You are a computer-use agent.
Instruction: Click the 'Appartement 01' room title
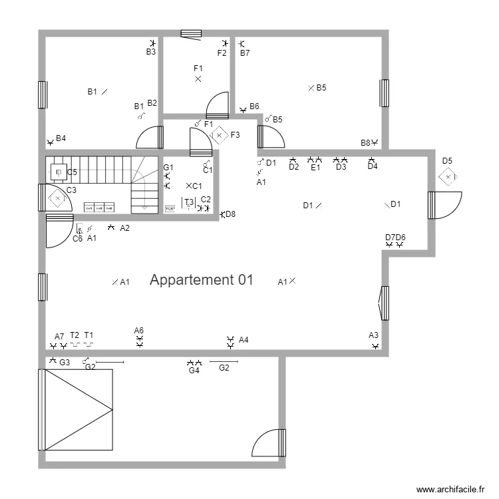pos(202,280)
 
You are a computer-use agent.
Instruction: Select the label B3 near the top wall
pos(151,51)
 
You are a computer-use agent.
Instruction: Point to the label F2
pos(222,53)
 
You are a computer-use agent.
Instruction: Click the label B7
pos(245,53)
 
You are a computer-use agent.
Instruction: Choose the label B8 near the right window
pos(365,143)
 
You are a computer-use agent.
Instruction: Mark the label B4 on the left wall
pos(61,138)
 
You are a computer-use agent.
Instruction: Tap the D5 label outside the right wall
pos(447,161)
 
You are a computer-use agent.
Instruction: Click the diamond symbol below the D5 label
pos(448,177)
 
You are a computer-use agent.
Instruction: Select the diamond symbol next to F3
pos(220,135)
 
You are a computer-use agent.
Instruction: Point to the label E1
pos(315,168)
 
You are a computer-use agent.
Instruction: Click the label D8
pos(230,214)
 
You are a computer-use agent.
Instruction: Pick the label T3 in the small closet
pos(189,202)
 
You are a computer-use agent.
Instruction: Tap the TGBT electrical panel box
pos(170,209)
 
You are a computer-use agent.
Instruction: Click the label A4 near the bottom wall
pos(244,340)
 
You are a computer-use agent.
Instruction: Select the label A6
pos(138,331)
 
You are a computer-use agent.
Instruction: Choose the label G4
pos(194,371)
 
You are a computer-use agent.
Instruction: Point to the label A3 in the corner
pos(373,335)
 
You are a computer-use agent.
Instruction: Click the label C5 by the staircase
pos(72,173)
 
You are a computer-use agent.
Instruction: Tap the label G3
pos(65,363)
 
